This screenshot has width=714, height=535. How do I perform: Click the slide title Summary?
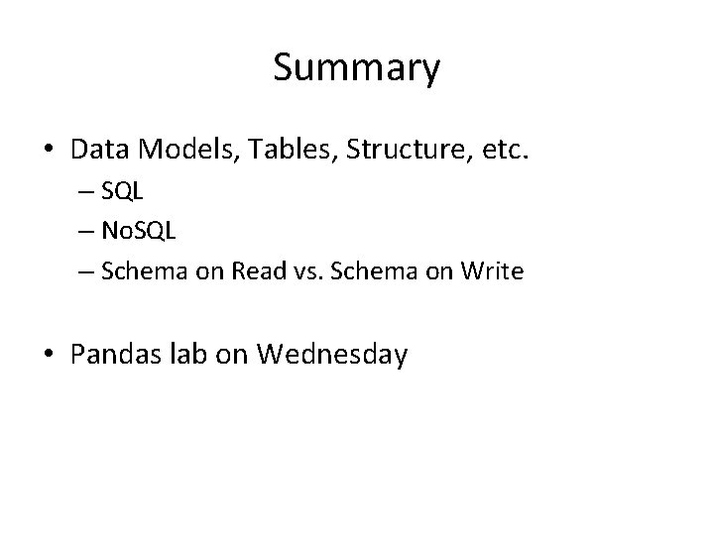pyautogui.click(x=356, y=68)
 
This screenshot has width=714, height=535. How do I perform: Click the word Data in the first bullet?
pyautogui.click(x=98, y=151)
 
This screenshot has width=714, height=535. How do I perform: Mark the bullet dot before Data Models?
pyautogui.click(x=49, y=152)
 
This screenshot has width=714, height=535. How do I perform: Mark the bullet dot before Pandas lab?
pyautogui.click(x=49, y=355)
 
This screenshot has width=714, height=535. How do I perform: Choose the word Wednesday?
pyautogui.click(x=331, y=355)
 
